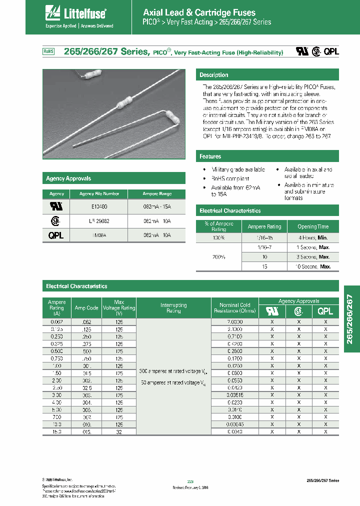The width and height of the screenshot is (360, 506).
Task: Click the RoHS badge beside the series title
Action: coord(48,51)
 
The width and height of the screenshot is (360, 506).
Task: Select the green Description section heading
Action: coord(214,75)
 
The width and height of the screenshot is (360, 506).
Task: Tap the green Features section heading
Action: coord(210,156)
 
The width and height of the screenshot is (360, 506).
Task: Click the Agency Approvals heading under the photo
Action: coord(68,178)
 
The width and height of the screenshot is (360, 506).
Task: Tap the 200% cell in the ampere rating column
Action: coord(218,257)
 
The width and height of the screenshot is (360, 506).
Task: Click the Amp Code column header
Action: coord(86,308)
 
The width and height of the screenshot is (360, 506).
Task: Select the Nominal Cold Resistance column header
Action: coord(234,308)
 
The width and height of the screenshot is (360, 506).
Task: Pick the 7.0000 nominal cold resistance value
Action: coord(234,322)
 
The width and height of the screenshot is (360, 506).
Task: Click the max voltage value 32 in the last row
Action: coord(119,431)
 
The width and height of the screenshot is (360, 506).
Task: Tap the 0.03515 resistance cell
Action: coord(234,395)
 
